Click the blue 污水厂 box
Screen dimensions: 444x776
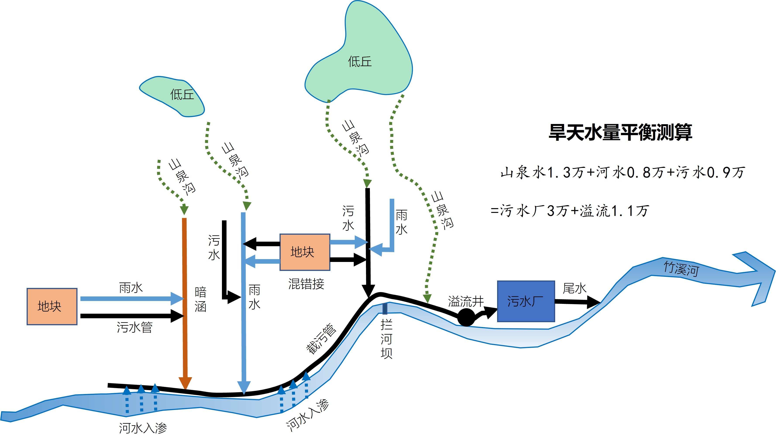point(525,301)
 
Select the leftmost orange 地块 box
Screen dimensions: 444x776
point(52,306)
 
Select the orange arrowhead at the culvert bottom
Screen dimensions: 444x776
point(185,383)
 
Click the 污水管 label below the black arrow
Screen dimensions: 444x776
point(134,327)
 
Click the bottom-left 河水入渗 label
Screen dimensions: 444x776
point(143,428)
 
